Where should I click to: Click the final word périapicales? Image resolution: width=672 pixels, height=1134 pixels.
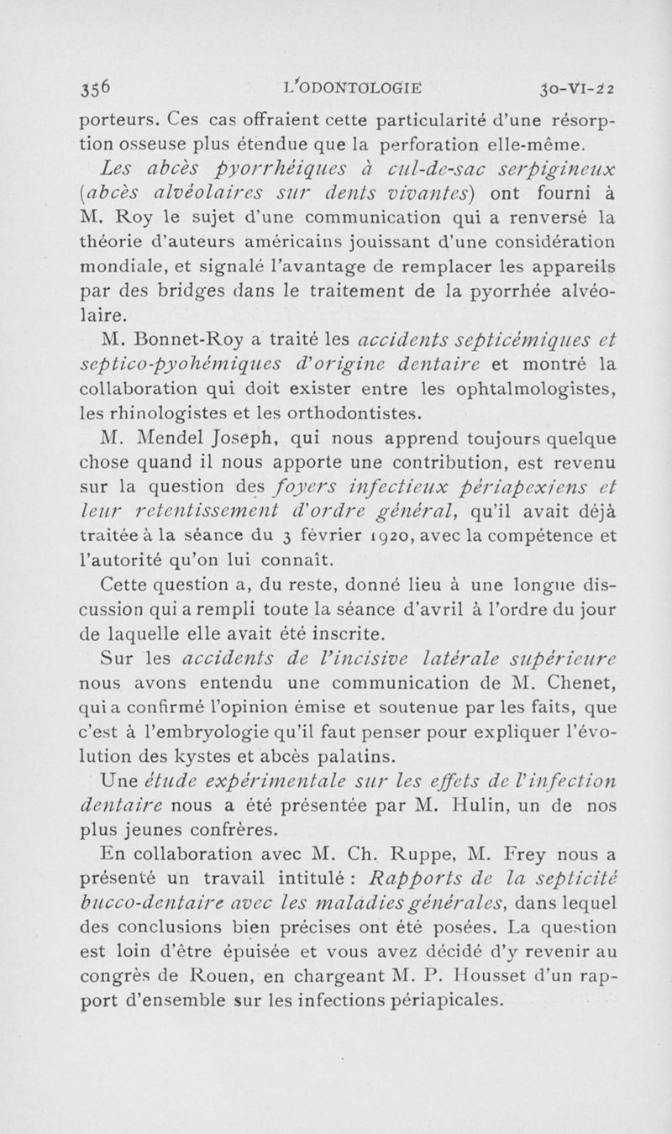pyautogui.click(x=439, y=1000)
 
